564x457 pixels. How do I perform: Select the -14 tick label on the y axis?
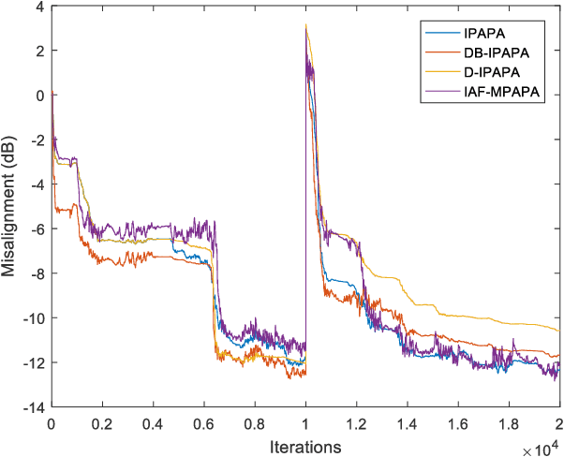[x=34, y=407]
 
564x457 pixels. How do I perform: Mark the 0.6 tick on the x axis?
[x=203, y=422]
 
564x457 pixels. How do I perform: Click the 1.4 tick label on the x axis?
[x=408, y=422]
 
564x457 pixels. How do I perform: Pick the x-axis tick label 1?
[x=305, y=422]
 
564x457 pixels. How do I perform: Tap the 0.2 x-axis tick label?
[x=101, y=422]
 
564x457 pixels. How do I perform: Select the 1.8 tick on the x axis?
[x=509, y=422]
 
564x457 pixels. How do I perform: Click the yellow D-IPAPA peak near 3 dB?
[x=306, y=25]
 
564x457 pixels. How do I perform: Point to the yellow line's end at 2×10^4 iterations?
[x=558, y=331]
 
